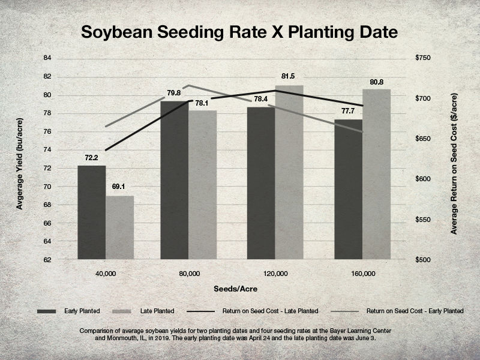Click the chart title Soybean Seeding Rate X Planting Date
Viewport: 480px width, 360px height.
240,31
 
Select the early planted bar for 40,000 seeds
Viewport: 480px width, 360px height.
91,212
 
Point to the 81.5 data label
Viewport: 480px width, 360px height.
288,76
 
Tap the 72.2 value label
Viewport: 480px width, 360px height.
91,157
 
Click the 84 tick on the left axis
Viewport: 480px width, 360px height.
48,58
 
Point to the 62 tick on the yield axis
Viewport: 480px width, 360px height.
48,260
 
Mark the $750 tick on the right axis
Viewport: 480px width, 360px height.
423,58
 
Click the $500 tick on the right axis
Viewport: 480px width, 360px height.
423,260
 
